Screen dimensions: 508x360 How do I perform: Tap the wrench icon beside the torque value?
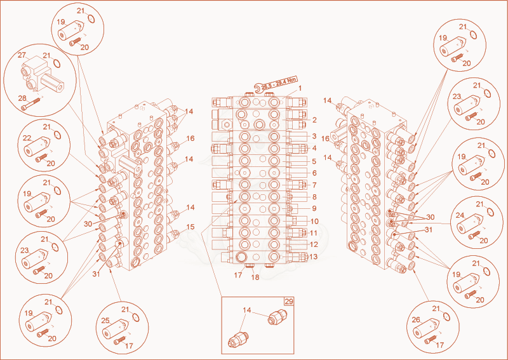[x=258, y=88]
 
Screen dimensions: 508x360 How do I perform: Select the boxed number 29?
[x=289, y=302]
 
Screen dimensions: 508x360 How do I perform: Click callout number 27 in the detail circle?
[x=22, y=55]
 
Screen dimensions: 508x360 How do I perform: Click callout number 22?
[x=27, y=138]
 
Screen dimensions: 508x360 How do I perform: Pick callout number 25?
[x=105, y=321]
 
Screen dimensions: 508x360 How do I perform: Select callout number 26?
[x=416, y=320]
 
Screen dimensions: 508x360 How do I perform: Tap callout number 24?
[x=460, y=215]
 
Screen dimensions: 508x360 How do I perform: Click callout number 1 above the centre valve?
[x=300, y=88]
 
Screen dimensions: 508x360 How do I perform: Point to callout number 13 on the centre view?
[x=314, y=257]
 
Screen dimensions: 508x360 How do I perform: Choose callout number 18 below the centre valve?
[x=255, y=277]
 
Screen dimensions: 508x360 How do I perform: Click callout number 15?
[x=190, y=227]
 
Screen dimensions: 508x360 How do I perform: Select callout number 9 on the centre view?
[x=314, y=208]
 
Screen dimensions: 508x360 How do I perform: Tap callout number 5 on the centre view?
[x=314, y=161]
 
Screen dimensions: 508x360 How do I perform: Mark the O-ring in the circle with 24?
[x=490, y=212]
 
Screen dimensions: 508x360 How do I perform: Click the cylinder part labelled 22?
[x=37, y=147]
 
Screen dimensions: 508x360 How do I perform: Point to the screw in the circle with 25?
[x=120, y=340]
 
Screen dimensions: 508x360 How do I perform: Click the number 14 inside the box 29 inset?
[x=247, y=310]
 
